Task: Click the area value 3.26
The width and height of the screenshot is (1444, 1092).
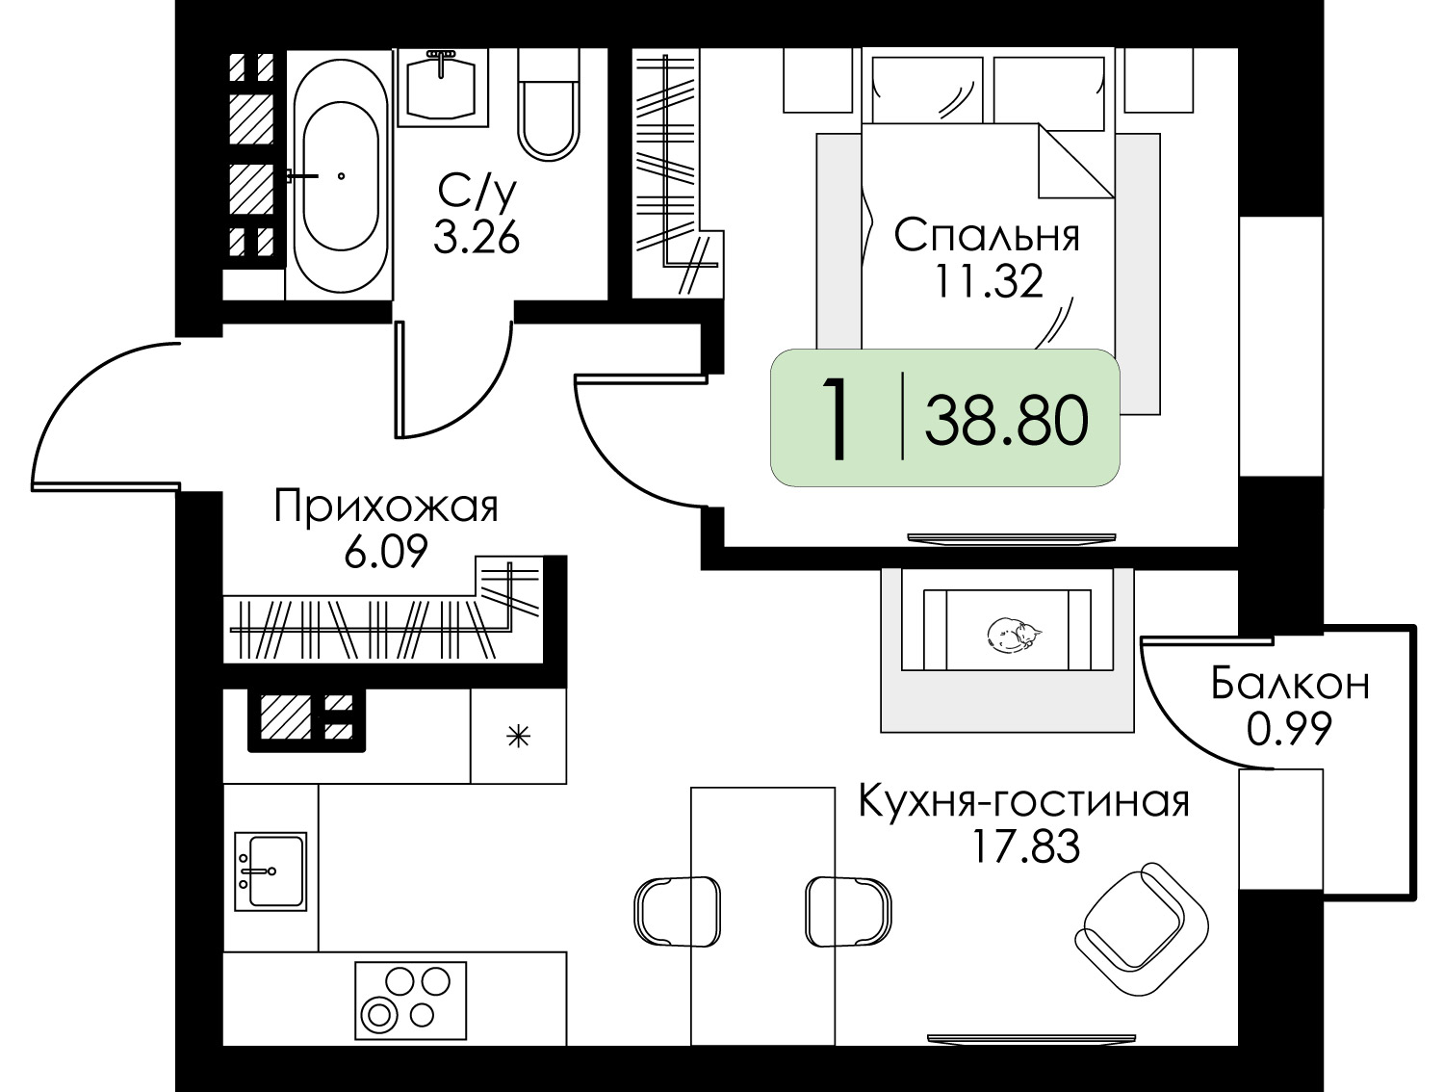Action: tap(477, 237)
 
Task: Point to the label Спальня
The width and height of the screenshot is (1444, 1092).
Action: tap(987, 236)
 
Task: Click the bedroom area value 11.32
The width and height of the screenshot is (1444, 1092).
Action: tap(987, 281)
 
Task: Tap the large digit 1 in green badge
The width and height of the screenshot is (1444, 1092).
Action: tap(838, 421)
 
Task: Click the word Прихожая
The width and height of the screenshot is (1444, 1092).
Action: tap(386, 507)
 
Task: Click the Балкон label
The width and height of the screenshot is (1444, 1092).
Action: tap(1290, 685)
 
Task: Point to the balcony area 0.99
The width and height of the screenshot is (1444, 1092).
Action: tap(1289, 730)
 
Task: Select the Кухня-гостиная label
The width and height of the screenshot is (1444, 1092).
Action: tap(1023, 801)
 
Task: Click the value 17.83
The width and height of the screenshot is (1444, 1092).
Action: tap(1023, 847)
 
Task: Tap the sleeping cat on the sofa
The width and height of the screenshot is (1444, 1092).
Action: tap(1011, 635)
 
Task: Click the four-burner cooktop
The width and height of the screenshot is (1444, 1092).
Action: tap(405, 998)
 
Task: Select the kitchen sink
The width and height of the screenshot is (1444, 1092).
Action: tap(271, 871)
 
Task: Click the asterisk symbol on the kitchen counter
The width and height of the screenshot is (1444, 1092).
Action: tap(519, 738)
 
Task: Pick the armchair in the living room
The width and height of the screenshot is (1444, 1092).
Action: tap(1141, 928)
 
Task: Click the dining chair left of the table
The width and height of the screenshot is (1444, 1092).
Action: tap(677, 910)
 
